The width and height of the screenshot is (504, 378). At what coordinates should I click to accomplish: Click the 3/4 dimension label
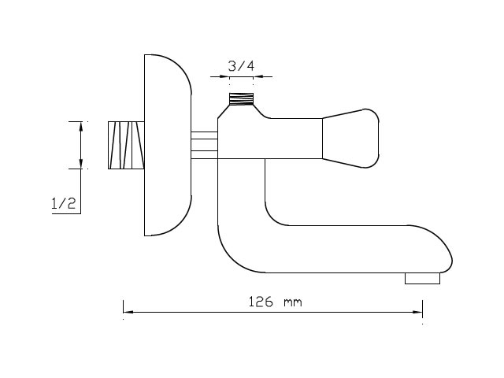[x=241, y=66]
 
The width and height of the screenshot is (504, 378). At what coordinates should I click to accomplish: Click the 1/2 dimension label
[x=64, y=203]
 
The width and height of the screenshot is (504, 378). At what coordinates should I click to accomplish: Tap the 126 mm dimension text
[x=275, y=302]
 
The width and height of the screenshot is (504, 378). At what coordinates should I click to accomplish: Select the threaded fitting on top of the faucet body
[x=241, y=99]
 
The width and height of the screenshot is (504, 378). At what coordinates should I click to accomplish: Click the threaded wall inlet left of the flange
[x=126, y=145]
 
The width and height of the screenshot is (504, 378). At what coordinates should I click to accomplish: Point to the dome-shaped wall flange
[x=168, y=145]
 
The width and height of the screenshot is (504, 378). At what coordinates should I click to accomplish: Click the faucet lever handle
[x=350, y=139]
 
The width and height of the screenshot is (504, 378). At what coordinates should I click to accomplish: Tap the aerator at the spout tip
[x=422, y=278]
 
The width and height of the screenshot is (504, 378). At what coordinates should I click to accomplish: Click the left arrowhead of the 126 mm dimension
[x=128, y=312]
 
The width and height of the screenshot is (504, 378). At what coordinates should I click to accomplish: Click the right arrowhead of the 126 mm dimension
[x=417, y=312]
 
